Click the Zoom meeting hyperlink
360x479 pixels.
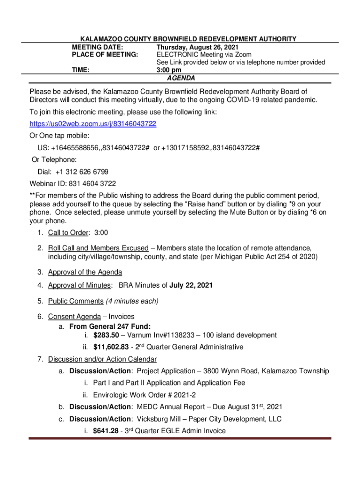click(x=93, y=124)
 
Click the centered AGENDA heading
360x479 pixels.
click(x=181, y=78)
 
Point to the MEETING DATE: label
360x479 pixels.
click(x=97, y=47)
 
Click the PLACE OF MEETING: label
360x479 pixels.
click(x=105, y=55)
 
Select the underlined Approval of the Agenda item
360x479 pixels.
click(x=85, y=272)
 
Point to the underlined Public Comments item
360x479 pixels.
click(x=75, y=301)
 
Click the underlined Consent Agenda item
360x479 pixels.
click(x=74, y=317)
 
